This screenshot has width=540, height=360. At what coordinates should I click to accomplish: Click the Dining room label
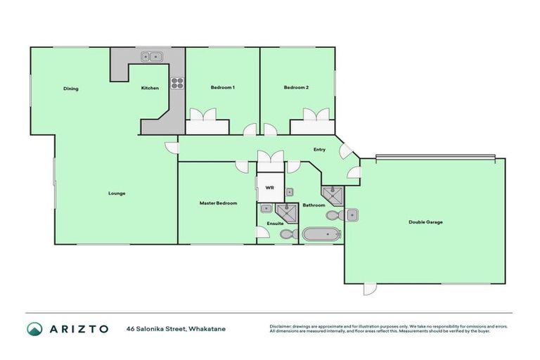point(70,89)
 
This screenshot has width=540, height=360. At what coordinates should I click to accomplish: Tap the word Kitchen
point(150,88)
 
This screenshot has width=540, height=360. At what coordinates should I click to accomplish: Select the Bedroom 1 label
point(222,87)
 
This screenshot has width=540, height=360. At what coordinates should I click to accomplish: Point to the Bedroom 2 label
point(296,87)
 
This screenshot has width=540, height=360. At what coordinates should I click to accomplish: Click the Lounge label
point(117,193)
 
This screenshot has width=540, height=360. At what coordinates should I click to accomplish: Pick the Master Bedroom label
point(218,203)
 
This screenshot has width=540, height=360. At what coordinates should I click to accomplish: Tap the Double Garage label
point(425,222)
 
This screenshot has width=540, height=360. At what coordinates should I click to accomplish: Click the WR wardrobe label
point(269,188)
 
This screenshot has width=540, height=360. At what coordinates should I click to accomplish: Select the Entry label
point(319,149)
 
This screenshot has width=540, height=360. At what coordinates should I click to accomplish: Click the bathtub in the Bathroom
point(321,235)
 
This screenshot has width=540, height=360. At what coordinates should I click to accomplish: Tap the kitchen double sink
point(150,58)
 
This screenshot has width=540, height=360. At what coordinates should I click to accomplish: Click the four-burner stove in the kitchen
point(177,82)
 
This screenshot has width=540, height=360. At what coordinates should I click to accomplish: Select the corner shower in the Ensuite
point(286,212)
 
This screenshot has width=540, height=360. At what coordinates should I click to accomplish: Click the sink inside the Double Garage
point(352,214)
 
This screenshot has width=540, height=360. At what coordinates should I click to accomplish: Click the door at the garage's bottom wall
point(369,288)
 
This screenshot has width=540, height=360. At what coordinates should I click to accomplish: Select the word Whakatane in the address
point(210,328)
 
